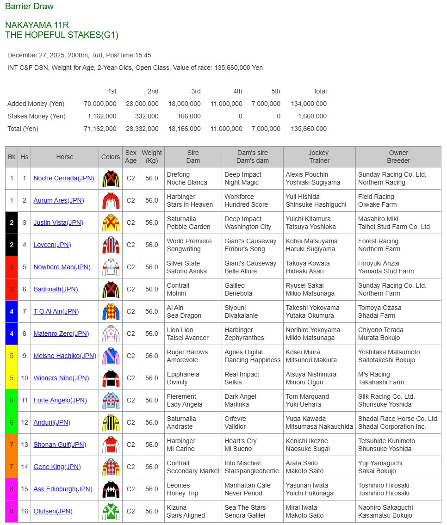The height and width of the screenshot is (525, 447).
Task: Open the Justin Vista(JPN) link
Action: pyautogui.click(x=58, y=222)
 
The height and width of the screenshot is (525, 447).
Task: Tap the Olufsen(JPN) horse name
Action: pyautogui.click(x=53, y=511)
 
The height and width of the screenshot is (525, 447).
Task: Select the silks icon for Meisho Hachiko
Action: pyautogui.click(x=111, y=356)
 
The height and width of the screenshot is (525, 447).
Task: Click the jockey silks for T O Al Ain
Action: pyautogui.click(x=111, y=311)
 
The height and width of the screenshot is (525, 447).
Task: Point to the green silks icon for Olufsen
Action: pyautogui.click(x=111, y=511)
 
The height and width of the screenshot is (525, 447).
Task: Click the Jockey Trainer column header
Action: pyautogui.click(x=319, y=157)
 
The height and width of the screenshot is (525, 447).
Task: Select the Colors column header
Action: pyautogui.click(x=111, y=157)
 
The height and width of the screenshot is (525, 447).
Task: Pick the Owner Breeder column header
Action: pyautogui.click(x=398, y=157)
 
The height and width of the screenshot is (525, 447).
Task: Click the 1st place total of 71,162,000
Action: pyautogui.click(x=100, y=129)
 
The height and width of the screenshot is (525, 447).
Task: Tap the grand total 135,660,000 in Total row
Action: pyautogui.click(x=309, y=129)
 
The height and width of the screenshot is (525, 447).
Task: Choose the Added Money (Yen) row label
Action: pyautogui.click(x=36, y=104)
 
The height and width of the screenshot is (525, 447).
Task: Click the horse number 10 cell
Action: pyautogui.click(x=25, y=378)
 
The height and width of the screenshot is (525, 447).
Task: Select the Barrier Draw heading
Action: pyautogui.click(x=29, y=6)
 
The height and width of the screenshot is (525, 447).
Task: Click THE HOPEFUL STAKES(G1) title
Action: pyautogui.click(x=62, y=35)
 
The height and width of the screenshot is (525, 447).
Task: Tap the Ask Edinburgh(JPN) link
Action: pyautogui.click(x=63, y=489)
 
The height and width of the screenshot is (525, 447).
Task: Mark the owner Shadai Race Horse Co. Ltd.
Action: pyautogui.click(x=398, y=419)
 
